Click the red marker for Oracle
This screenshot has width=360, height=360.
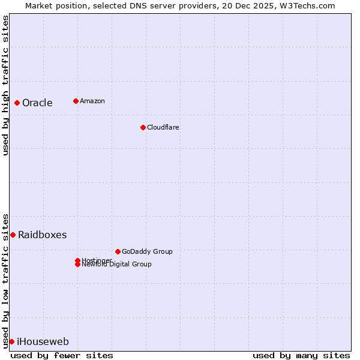(17, 103)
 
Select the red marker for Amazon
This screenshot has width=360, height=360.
(76, 101)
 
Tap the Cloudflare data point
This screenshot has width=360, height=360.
(143, 127)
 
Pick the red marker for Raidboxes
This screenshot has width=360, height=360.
(13, 235)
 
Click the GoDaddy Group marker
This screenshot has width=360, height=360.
(118, 251)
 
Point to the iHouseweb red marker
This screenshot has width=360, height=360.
(11, 341)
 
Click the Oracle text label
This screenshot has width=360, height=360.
(37, 103)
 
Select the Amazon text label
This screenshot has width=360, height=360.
(92, 101)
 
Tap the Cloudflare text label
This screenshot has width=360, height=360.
(163, 127)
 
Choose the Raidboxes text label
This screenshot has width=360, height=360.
(42, 235)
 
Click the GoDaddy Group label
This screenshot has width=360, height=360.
(147, 251)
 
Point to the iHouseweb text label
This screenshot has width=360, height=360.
(43, 342)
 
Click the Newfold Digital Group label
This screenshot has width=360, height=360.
(116, 264)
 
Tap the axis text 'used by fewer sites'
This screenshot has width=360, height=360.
(62, 355)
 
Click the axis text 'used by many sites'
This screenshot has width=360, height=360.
(301, 355)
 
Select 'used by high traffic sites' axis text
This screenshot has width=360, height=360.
(5, 85)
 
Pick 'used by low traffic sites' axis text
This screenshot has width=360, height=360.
(5, 280)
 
